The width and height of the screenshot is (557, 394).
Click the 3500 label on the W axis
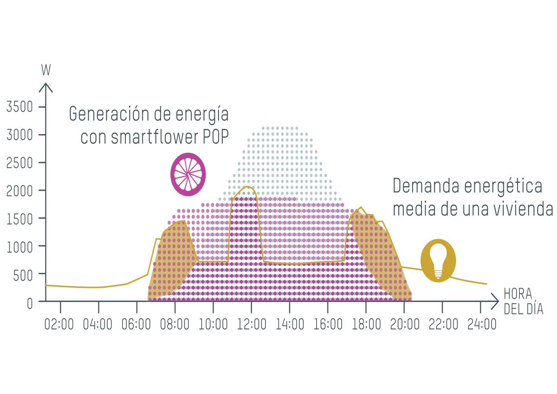coord(20,107)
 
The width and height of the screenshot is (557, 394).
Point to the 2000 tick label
coord(20,191)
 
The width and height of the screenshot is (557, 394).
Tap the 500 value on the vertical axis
coord(23,275)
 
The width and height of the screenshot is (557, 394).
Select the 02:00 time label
coord(59,324)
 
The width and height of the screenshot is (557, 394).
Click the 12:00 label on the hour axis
coord(251,324)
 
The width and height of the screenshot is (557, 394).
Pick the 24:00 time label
coord(481,324)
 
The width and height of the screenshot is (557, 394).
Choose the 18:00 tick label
coord(366,324)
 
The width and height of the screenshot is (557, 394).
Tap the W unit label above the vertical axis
coord(46,70)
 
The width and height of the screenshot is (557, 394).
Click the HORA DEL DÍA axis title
coord(523,302)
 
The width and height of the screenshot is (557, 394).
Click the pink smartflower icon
coord(188,174)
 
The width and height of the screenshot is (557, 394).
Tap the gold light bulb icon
coord(438,260)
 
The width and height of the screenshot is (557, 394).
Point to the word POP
coord(215,137)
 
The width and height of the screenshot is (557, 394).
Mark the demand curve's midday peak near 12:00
coord(247,187)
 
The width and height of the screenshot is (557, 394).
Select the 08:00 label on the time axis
coord(175,324)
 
